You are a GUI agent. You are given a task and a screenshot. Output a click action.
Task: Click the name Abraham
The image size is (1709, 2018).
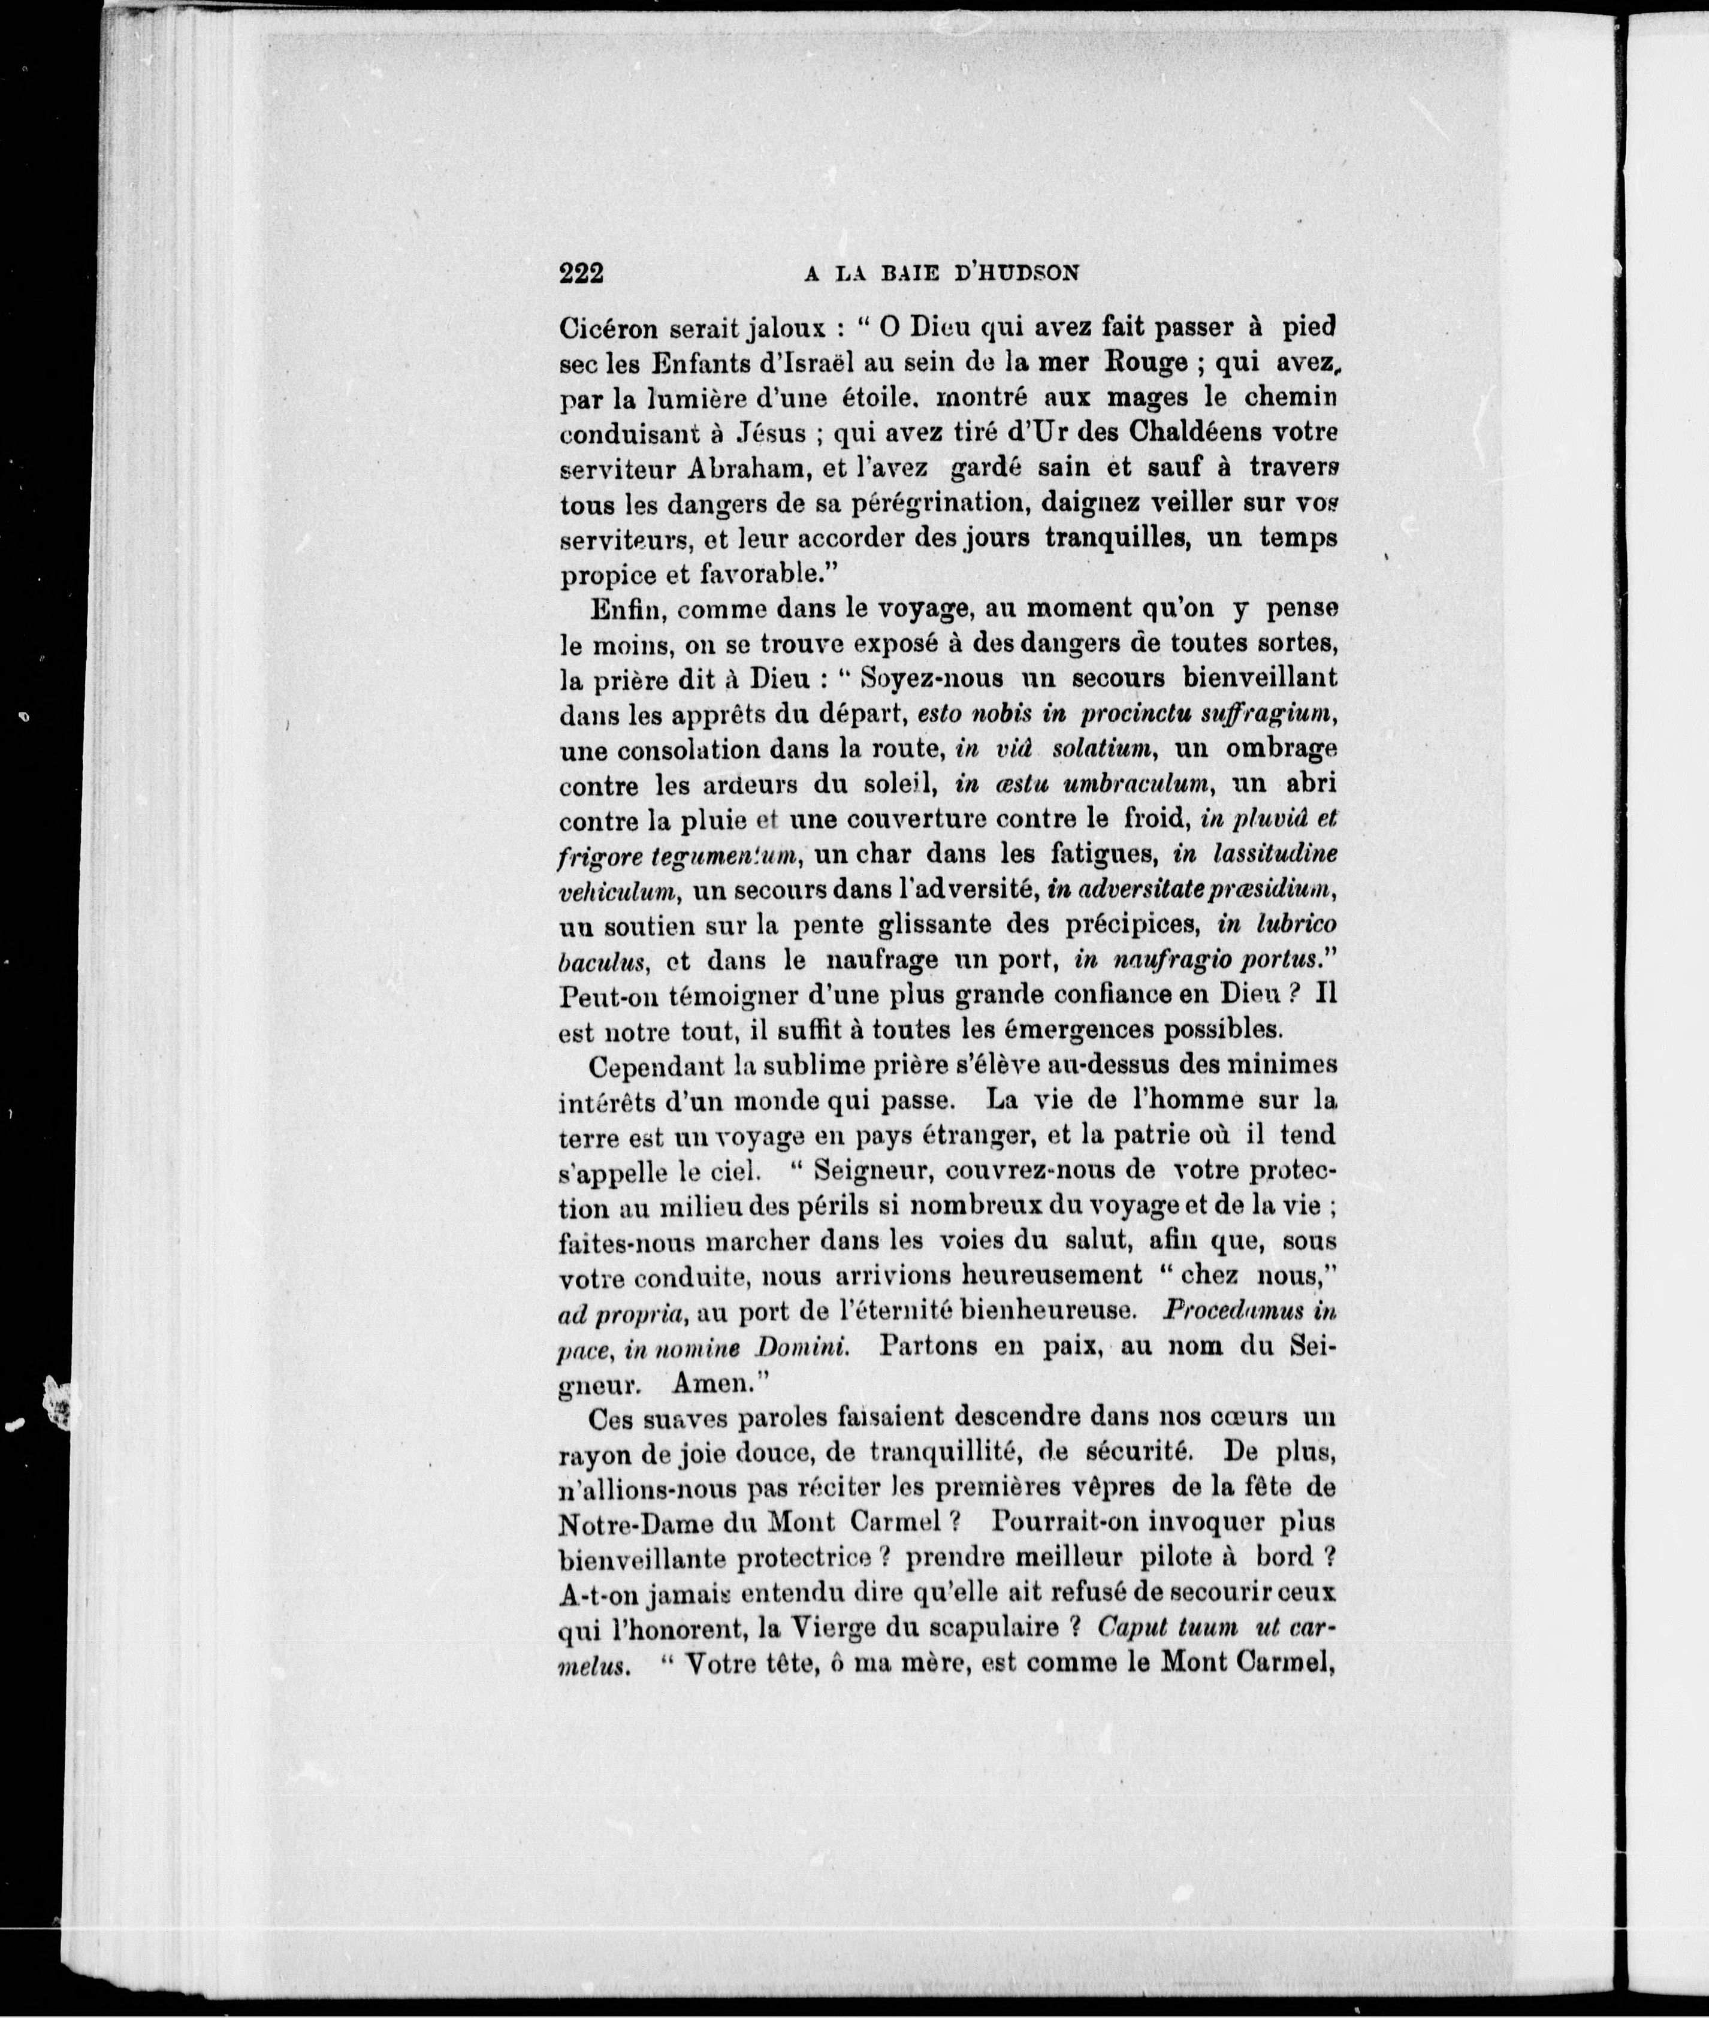click(714, 469)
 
